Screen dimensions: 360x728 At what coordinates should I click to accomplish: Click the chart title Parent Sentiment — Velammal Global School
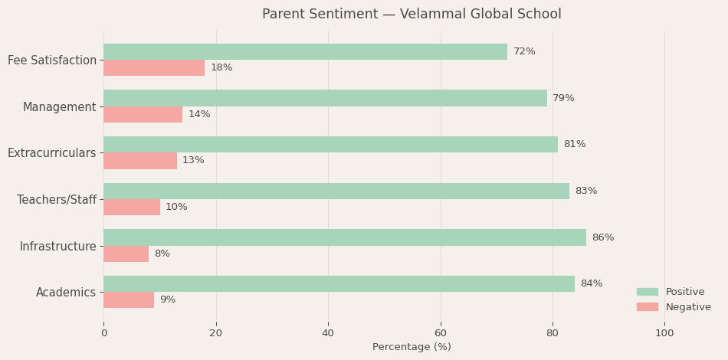pos(412,15)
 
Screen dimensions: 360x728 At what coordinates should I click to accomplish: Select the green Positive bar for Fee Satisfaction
pos(305,51)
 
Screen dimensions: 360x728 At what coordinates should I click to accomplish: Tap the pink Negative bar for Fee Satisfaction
pos(154,68)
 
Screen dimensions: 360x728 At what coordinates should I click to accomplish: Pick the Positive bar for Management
pos(325,98)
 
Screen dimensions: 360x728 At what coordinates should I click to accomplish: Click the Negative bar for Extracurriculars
pos(140,161)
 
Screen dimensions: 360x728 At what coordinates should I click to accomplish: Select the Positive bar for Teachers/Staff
pos(336,191)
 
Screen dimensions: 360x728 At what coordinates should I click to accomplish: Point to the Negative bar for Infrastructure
pos(126,254)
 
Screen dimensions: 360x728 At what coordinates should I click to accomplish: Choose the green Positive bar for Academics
pos(339,283)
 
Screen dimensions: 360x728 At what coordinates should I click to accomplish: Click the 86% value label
pos(602,237)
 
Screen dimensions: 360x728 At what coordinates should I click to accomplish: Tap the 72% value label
pos(524,51)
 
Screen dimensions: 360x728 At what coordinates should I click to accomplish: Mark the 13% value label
pos(193,161)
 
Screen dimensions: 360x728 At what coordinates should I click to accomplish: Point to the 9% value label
pos(167,300)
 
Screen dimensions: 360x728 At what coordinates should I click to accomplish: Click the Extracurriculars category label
pos(52,153)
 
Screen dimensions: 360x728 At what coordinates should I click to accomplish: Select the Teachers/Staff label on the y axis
pos(57,200)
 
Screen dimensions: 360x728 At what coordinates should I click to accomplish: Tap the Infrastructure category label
pos(58,247)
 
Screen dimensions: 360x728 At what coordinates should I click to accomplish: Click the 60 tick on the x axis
pos(441,333)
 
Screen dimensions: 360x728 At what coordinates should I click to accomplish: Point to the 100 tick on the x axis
pos(664,333)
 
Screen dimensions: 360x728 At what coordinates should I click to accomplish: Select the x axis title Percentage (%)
pos(412,347)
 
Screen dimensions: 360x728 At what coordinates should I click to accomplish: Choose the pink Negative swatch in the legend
pos(647,307)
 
